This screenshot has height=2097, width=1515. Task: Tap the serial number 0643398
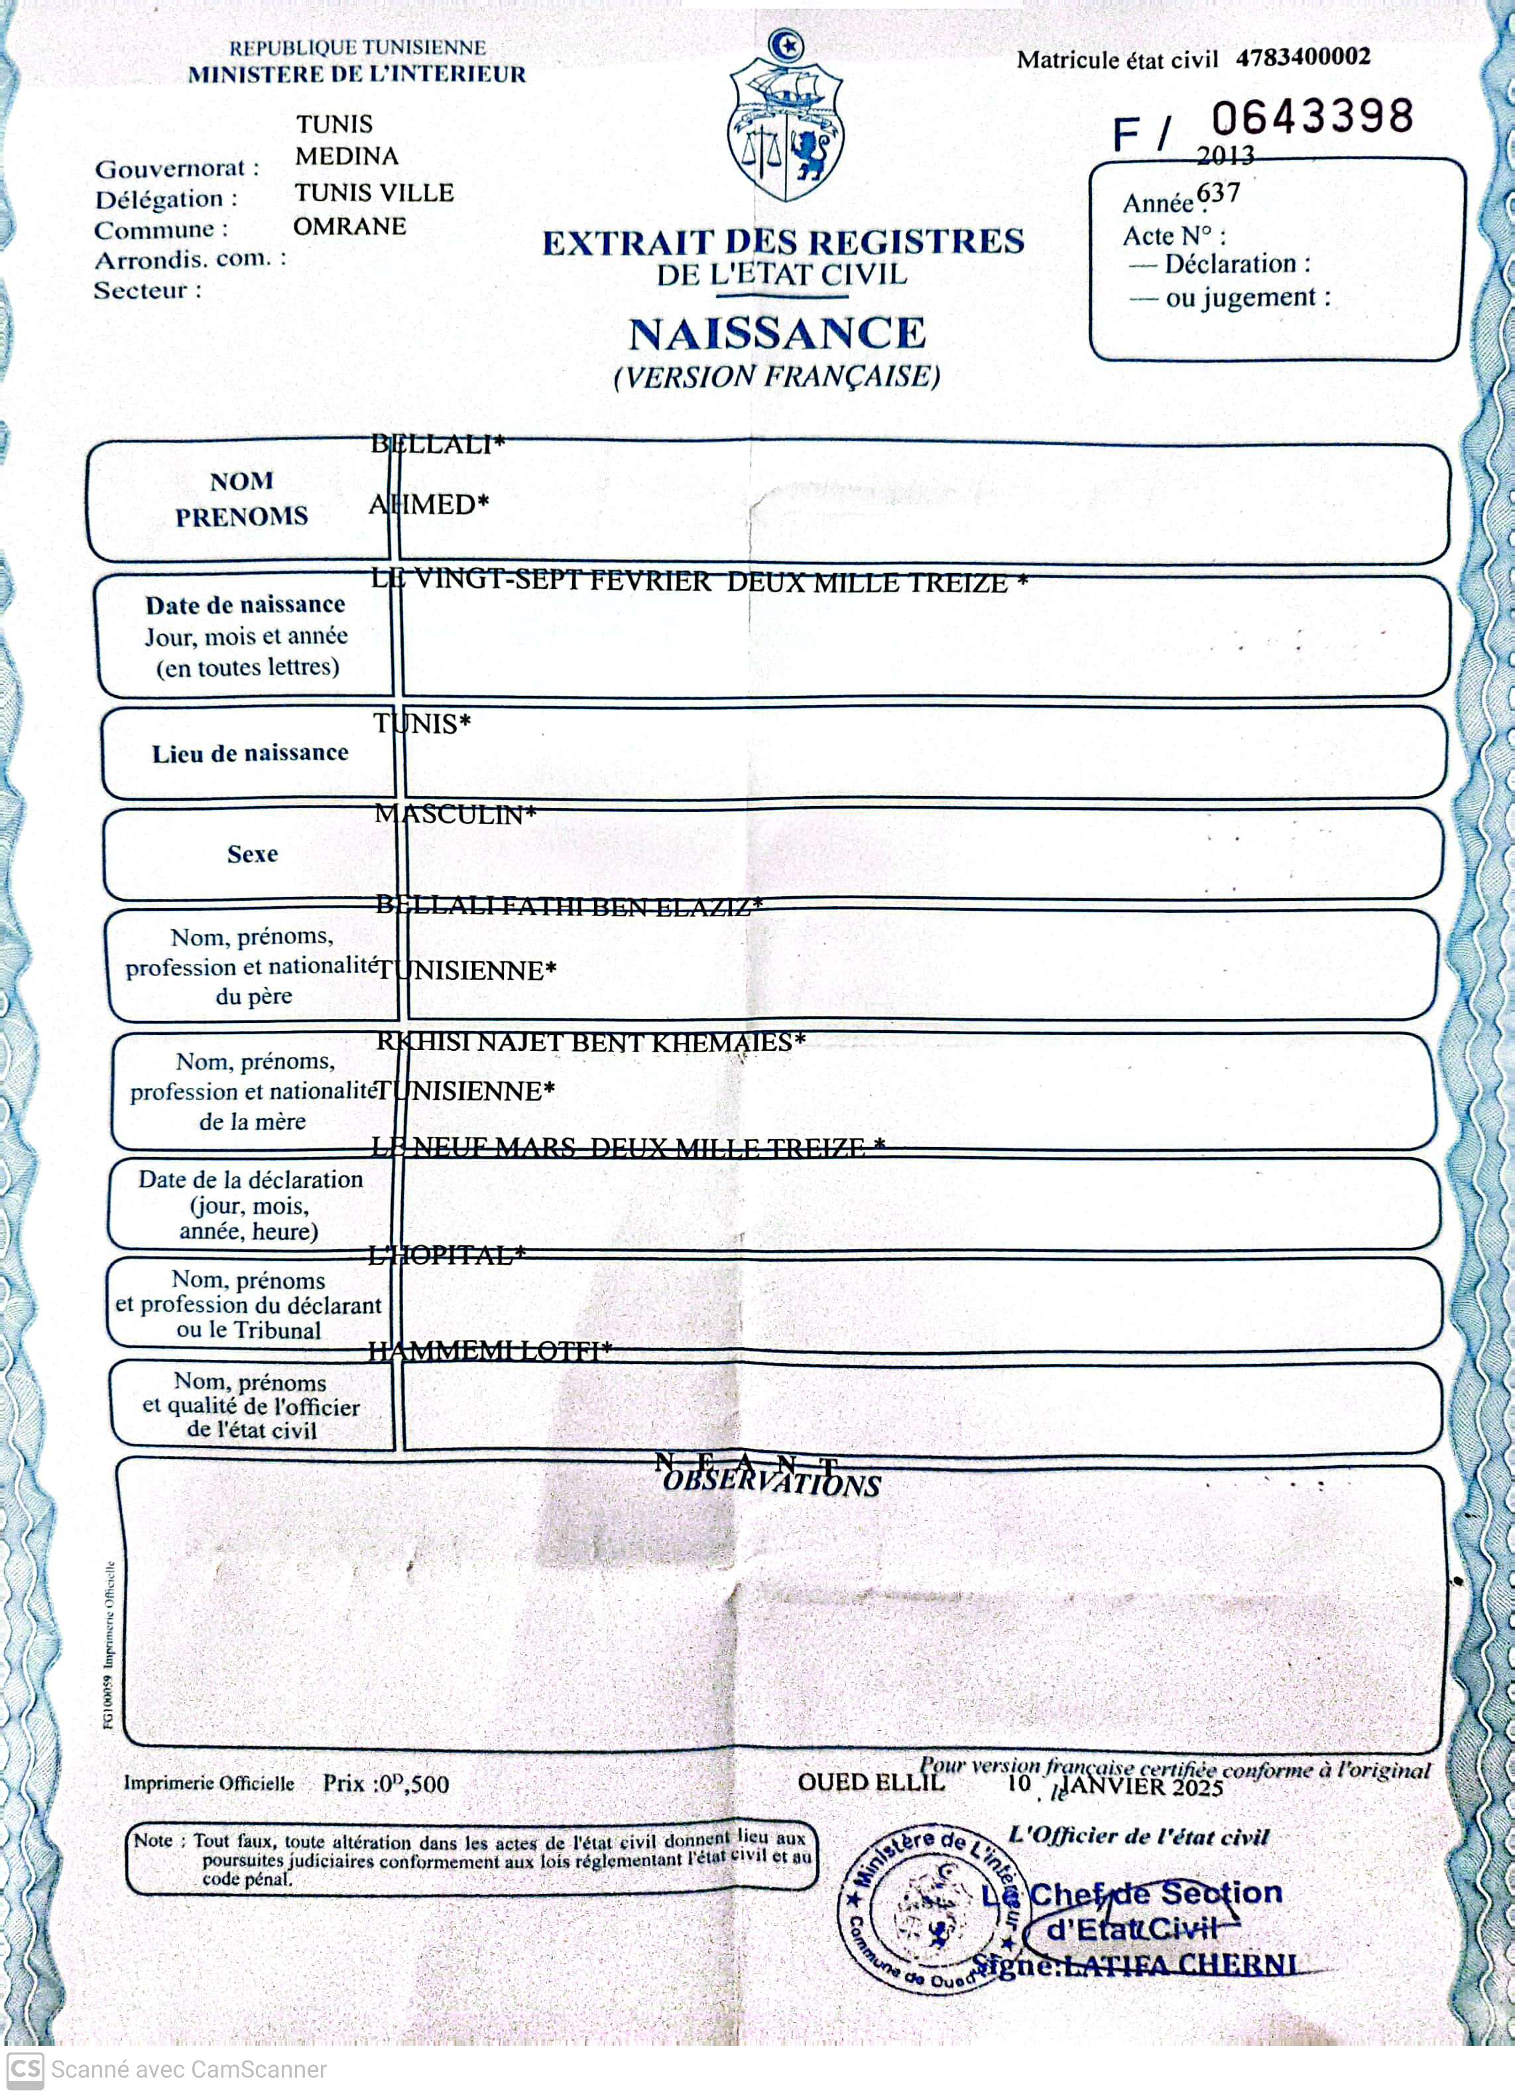tap(1313, 117)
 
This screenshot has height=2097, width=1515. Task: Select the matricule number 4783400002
tap(1303, 57)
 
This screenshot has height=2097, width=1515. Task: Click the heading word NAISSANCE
tap(776, 334)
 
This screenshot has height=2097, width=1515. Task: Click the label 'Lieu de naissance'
tap(249, 754)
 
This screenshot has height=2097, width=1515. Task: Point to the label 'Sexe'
tap(253, 853)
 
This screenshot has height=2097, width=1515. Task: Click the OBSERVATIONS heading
tap(772, 1485)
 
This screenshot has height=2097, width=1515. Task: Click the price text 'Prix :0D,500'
tap(385, 1784)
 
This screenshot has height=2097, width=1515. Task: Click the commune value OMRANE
tap(349, 226)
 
